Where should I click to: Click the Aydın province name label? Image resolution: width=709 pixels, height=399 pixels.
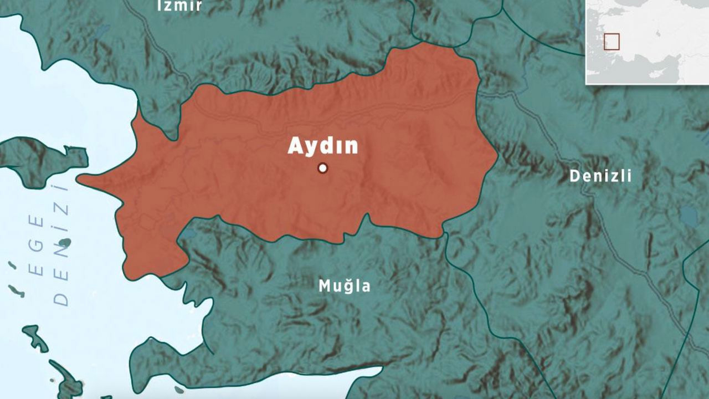point(323,146)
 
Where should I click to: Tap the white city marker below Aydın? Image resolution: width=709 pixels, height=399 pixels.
point(323,168)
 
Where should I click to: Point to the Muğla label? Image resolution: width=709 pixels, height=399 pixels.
point(344,286)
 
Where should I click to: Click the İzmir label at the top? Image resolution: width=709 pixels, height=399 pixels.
point(179,6)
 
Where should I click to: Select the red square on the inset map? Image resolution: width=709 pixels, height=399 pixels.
point(612,42)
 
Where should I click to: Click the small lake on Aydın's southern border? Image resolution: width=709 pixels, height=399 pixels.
point(187,234)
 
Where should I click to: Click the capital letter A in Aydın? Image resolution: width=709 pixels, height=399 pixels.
point(295,146)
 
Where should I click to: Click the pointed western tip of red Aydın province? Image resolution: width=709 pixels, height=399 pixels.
point(78,178)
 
